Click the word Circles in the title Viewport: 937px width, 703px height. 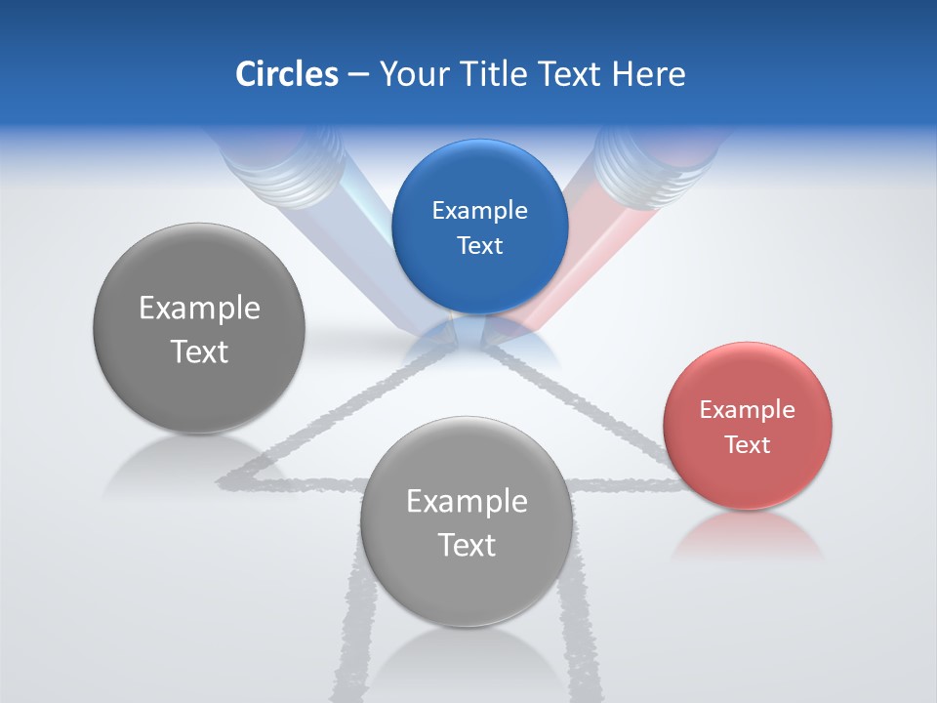286,73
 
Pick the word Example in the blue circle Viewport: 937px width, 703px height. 479,210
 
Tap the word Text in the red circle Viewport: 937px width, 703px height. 748,444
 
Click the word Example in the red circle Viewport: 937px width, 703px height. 748,409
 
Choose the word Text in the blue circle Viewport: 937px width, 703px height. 479,245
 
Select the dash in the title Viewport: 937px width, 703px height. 357,74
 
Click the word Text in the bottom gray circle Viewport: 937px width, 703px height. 467,545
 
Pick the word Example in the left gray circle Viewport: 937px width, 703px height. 199,308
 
